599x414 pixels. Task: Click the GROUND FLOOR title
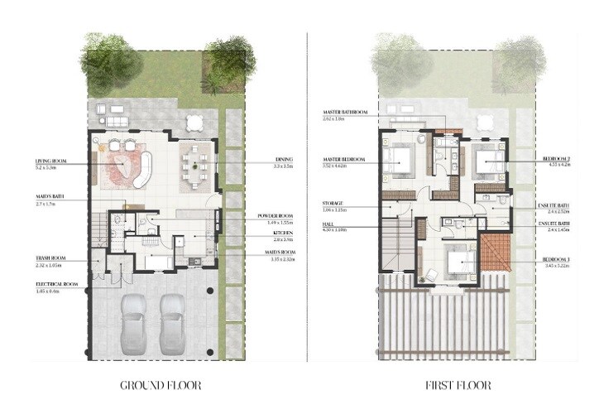[x=161, y=385]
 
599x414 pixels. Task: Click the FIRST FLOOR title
[x=457, y=385]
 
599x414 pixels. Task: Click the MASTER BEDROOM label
[x=347, y=161]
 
